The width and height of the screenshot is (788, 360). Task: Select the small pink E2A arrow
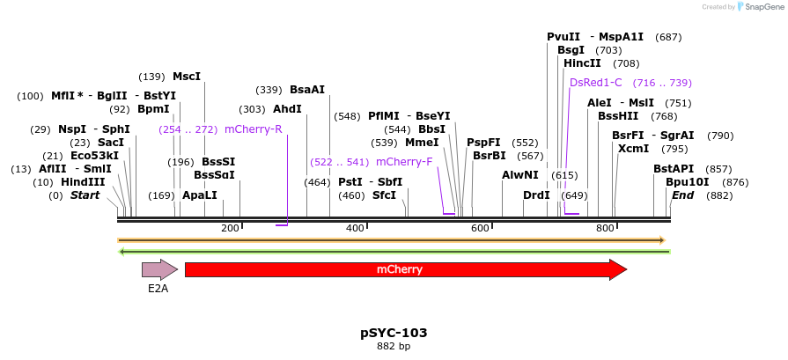159,269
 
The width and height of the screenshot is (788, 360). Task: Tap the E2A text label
158,288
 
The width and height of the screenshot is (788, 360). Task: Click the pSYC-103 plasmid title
394,333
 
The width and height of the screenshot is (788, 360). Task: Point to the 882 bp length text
394,346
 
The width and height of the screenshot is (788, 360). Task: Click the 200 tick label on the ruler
230,229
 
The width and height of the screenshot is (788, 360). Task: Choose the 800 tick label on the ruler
605,229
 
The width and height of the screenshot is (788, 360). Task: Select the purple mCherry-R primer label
253,129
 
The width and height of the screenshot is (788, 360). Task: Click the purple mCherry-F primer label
404,162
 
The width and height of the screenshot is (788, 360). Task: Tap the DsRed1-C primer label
596,83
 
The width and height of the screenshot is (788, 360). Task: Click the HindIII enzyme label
83,182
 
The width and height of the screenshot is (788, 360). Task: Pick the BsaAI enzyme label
307,90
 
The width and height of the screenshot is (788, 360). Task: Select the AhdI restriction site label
287,109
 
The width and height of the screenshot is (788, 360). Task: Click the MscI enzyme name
187,77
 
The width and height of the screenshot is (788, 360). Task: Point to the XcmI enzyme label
633,149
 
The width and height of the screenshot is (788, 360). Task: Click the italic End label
683,195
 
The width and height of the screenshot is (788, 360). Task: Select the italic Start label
85,195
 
